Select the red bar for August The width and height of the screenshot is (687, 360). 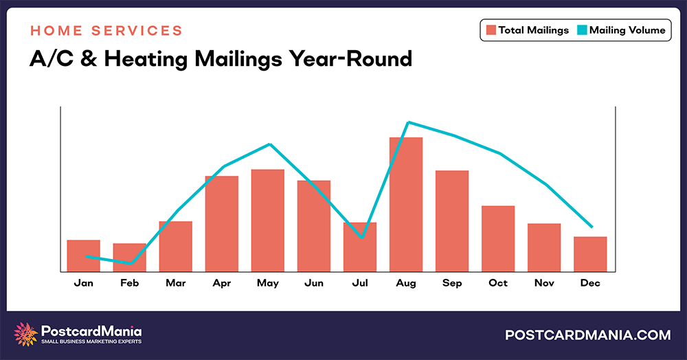tap(406, 204)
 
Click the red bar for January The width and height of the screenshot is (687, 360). tap(84, 255)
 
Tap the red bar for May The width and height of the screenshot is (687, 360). tap(268, 220)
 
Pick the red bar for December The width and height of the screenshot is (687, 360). tap(590, 254)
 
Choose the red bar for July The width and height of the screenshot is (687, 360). tap(360, 247)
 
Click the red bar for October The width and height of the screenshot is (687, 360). tap(498, 238)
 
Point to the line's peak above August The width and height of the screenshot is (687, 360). tap(409, 122)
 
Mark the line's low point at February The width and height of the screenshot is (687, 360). tap(130, 263)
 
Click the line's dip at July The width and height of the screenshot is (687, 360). tap(361, 238)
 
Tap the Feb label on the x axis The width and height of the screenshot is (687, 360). tap(130, 283)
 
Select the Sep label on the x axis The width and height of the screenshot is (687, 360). tap(452, 283)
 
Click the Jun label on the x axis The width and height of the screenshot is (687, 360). tap(314, 283)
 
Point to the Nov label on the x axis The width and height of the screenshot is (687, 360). tap(544, 283)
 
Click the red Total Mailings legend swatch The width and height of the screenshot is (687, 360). tap(491, 30)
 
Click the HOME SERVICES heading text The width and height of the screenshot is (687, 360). tap(106, 31)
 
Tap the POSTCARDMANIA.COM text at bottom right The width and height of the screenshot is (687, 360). tap(587, 335)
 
